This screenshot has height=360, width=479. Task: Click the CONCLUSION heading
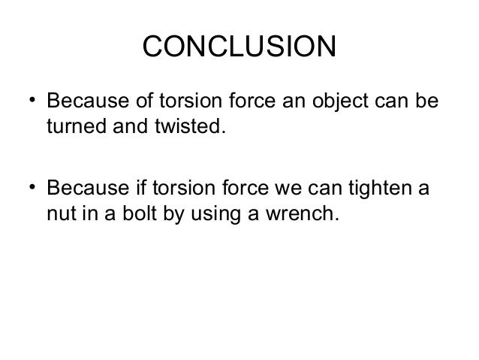point(239,50)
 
